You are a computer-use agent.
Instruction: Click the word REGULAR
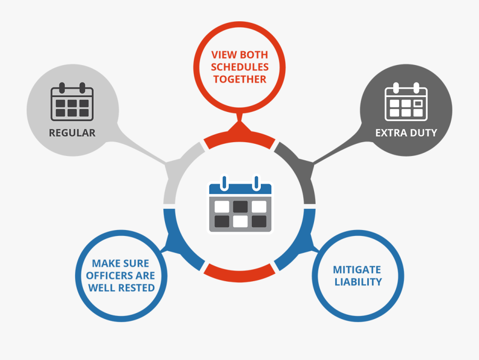(72, 133)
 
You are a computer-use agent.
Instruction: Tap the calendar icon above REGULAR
(72, 101)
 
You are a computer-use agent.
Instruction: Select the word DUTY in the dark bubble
(423, 133)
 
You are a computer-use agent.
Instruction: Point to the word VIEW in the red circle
(223, 55)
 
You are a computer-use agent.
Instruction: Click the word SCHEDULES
(240, 67)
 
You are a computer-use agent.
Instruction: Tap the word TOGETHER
(240, 79)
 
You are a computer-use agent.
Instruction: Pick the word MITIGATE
(357, 270)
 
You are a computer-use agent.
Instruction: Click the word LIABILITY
(358, 282)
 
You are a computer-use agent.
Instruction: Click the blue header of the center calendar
(240, 189)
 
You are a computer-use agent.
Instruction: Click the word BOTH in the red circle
(254, 55)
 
